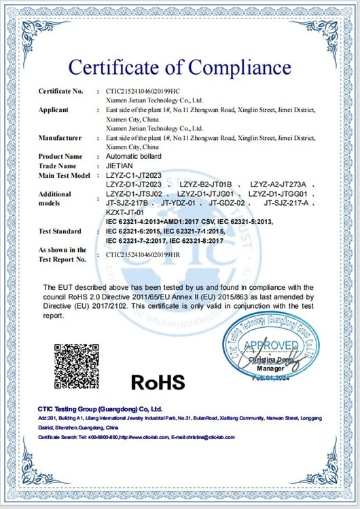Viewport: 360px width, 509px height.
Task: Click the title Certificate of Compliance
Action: [179, 68]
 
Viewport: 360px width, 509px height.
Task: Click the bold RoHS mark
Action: [158, 382]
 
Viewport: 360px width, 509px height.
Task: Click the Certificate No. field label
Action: [60, 91]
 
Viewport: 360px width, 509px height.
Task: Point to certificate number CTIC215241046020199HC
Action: [143, 91]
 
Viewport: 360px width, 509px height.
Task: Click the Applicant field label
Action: [54, 110]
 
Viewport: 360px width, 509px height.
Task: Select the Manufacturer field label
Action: [60, 138]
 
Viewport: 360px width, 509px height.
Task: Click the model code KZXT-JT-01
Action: [127, 212]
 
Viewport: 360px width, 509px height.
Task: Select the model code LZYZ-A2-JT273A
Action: [279, 185]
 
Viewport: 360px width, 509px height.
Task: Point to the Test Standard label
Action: [60, 231]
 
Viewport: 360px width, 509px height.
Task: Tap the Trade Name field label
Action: [58, 166]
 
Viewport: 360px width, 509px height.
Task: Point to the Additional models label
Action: [55, 198]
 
